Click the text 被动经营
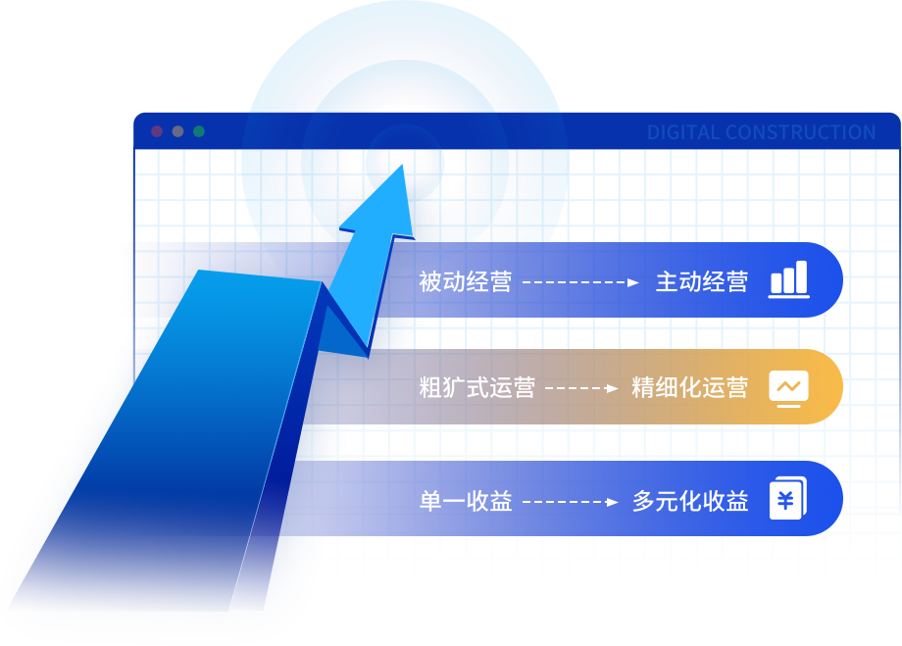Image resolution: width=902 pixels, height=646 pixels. click(465, 282)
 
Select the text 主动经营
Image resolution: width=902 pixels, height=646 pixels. click(701, 282)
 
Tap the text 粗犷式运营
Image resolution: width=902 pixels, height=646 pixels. click(476, 387)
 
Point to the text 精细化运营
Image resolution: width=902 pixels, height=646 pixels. click(689, 387)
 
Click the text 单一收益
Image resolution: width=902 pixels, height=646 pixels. click(465, 502)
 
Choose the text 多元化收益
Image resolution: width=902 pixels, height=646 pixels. click(689, 502)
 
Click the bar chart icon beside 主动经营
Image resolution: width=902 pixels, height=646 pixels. click(789, 279)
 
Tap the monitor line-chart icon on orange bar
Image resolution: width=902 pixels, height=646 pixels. click(789, 387)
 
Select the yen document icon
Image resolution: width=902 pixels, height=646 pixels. click(787, 501)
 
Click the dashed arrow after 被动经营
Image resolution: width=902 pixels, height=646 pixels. click(580, 282)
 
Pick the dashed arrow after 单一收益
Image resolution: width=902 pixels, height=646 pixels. click(571, 502)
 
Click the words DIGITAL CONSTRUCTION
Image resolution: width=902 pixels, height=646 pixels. click(761, 132)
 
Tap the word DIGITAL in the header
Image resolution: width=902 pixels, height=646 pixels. click(682, 132)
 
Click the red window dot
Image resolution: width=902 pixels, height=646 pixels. click(157, 131)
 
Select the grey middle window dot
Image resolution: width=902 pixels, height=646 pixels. click(177, 131)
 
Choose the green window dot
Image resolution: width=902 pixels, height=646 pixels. click(199, 131)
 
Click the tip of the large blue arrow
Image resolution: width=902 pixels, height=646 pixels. click(401, 166)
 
